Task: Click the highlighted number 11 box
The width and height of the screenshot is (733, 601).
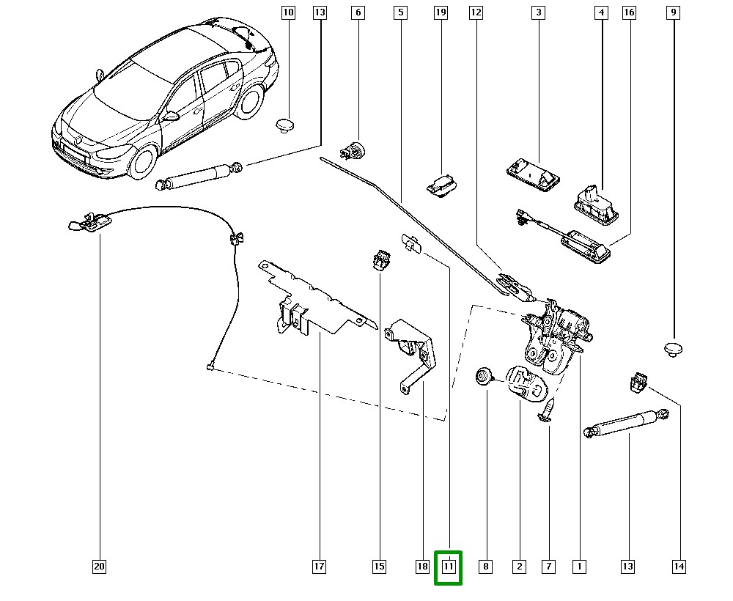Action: [x=449, y=567]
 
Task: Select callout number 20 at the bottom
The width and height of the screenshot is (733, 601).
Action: [x=100, y=567]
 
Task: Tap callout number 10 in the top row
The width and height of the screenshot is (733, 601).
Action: [x=287, y=12]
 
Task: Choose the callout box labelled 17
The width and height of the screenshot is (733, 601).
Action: [x=319, y=567]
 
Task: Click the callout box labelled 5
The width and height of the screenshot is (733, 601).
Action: [x=400, y=12]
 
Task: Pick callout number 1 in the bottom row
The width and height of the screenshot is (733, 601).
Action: [x=579, y=567]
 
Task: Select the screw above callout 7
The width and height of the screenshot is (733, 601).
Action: [x=547, y=410]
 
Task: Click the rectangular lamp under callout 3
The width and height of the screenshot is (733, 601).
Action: [x=533, y=174]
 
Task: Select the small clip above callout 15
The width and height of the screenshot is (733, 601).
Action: [x=380, y=259]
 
